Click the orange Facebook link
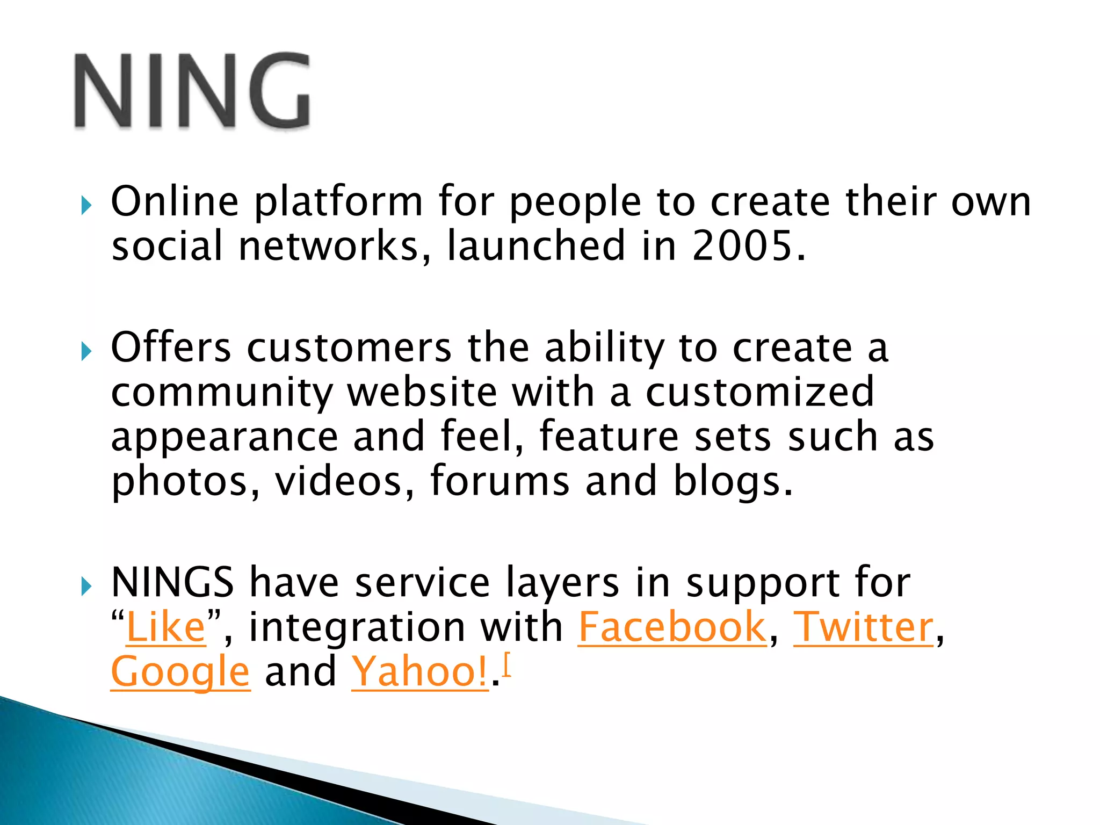[672, 627]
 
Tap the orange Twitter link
[864, 627]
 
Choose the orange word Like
[166, 627]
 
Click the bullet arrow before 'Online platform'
[86, 205]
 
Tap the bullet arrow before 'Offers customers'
[86, 352]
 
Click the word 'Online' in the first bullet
[175, 201]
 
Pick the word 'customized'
[759, 392]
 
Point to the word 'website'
[422, 392]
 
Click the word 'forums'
[500, 481]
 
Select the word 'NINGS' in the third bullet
[172, 583]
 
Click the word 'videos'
[338, 481]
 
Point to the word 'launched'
[536, 246]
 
